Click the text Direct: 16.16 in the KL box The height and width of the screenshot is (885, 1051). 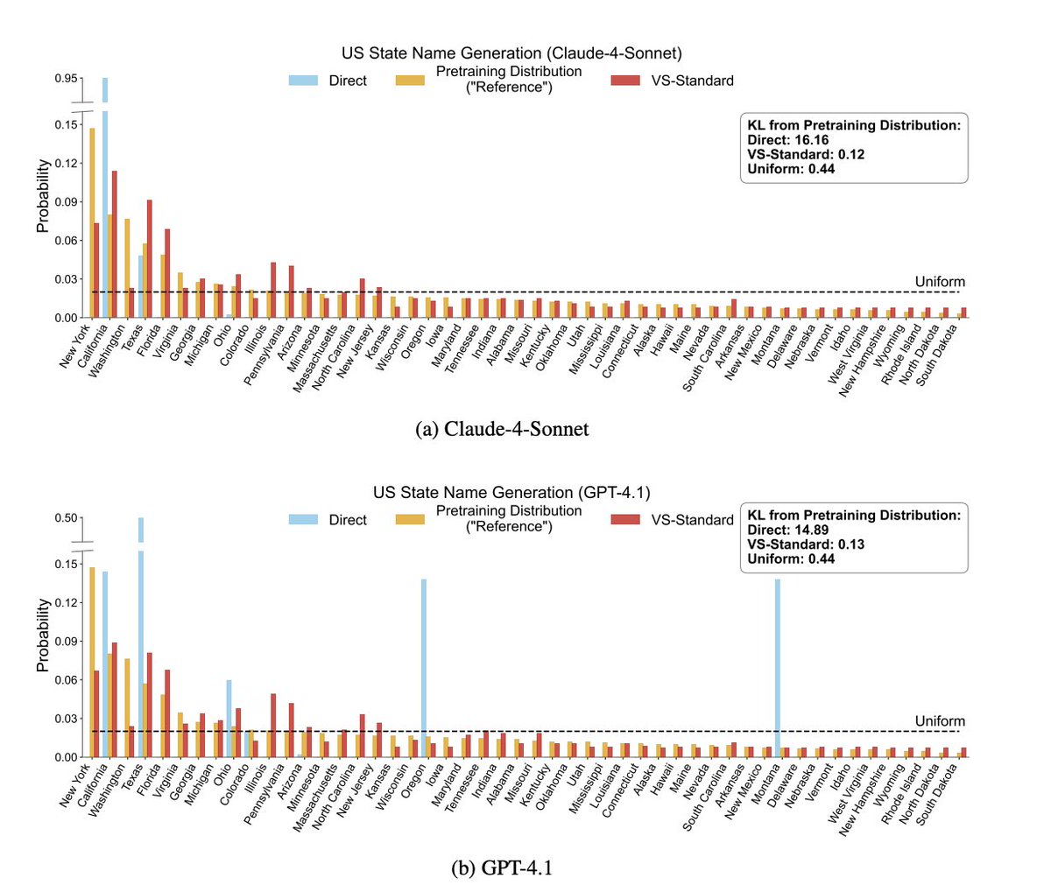coord(787,140)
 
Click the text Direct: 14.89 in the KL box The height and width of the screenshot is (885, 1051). coord(787,530)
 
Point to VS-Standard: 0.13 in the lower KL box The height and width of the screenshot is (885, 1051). coord(805,544)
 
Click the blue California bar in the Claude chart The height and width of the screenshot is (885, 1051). coord(105,219)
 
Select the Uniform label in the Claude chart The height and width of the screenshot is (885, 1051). coord(939,282)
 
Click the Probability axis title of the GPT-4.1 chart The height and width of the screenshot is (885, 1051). coord(42,635)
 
